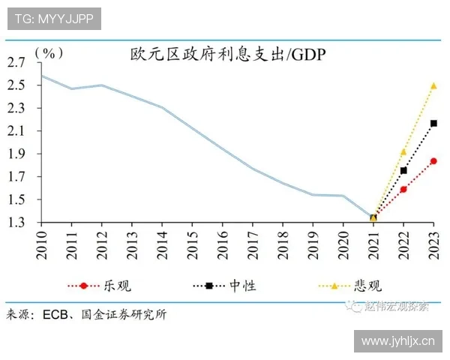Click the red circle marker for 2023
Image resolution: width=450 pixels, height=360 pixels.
(433, 161)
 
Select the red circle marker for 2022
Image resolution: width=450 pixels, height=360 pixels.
(403, 189)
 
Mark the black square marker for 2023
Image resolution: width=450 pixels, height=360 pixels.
(433, 123)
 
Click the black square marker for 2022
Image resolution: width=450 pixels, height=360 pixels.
(403, 170)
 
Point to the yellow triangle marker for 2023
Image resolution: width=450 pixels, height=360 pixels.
(433, 85)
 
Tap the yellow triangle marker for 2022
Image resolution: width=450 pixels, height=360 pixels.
(403, 151)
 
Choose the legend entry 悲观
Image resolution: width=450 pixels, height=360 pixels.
(367, 286)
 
